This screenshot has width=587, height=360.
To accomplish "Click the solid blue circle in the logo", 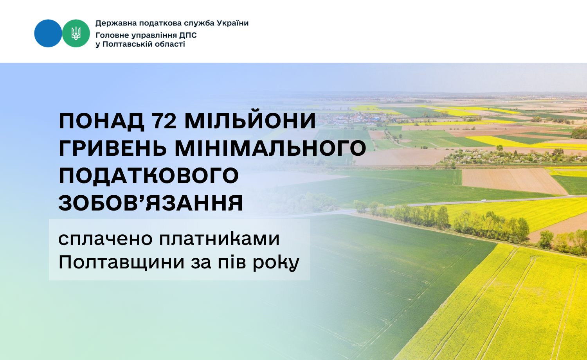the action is point(48,33).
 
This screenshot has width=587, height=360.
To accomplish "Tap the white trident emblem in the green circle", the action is point(76,33).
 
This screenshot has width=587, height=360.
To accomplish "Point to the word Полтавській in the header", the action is point(127,44).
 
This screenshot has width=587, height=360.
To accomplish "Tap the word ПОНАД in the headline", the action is point(101,121).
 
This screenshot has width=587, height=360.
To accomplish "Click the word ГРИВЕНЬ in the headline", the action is point(113,148).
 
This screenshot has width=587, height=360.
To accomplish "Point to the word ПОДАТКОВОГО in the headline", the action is point(149,176).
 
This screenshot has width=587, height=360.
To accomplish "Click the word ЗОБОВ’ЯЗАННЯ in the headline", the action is point(151,203).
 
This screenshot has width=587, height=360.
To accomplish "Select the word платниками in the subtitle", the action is point(219,239).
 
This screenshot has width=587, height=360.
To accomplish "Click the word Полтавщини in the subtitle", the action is point(122,263).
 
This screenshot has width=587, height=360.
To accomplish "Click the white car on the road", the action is point(483,200).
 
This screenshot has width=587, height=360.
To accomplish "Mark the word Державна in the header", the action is point(115,23).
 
